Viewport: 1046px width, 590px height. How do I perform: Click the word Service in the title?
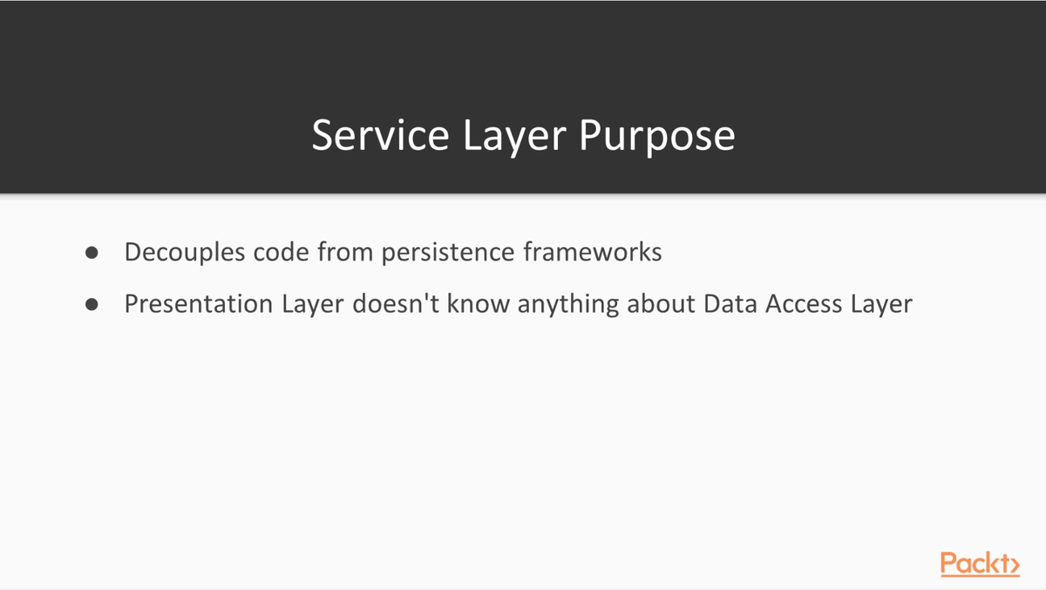tap(381, 135)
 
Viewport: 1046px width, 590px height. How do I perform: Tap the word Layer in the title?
tap(514, 139)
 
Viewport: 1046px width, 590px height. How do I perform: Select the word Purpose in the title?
tap(657, 139)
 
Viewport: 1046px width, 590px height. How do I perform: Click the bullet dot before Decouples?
tap(92, 253)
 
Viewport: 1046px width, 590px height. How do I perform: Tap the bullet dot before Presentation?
tap(92, 304)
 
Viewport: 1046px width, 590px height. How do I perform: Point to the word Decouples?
tap(185, 253)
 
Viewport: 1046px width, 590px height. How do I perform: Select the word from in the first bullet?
tap(345, 252)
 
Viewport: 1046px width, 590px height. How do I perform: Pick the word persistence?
tap(448, 253)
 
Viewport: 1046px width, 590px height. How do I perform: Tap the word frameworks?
tap(593, 252)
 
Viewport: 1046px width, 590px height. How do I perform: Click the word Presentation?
tap(199, 303)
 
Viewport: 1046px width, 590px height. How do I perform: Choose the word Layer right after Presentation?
tap(313, 305)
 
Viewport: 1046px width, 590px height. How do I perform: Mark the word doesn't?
tap(396, 303)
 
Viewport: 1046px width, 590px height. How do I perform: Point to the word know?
tap(479, 303)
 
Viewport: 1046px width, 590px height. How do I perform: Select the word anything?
tap(568, 305)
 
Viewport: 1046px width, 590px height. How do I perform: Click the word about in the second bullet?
tap(662, 303)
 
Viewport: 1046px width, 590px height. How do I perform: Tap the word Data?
tap(730, 303)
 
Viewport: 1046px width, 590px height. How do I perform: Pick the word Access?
tap(804, 303)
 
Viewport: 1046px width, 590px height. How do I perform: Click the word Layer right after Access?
tap(881, 305)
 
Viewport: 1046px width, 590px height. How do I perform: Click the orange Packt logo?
tap(980, 564)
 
